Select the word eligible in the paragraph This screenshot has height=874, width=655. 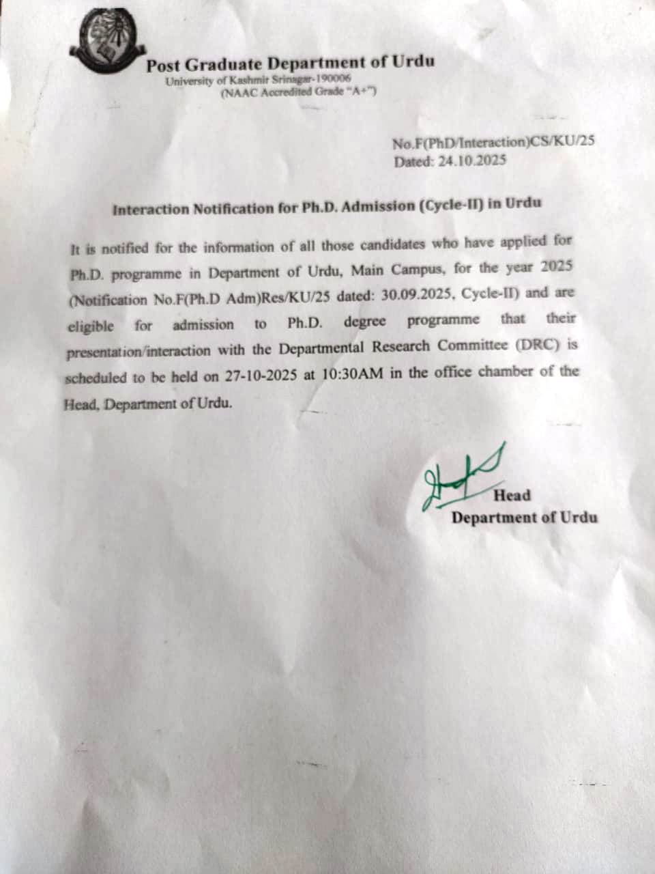90,326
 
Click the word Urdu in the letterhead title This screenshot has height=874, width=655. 412,62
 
